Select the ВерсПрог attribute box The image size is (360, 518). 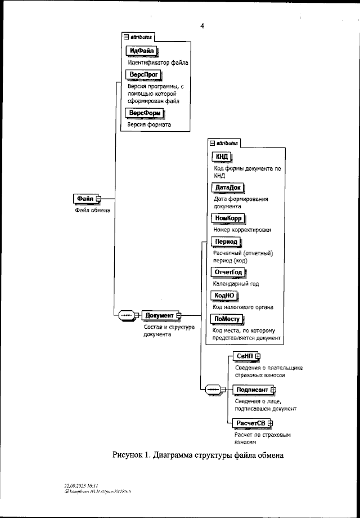click(x=143, y=75)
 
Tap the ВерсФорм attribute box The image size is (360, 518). click(x=145, y=113)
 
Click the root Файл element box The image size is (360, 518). click(x=85, y=199)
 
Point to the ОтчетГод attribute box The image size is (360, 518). click(x=228, y=273)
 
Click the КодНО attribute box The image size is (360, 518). click(x=224, y=296)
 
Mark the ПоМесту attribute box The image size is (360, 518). click(x=227, y=319)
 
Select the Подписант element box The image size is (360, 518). click(x=253, y=389)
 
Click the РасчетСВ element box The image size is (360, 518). click(x=250, y=422)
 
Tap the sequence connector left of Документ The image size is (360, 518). click(x=125, y=315)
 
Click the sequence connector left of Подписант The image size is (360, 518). click(x=214, y=389)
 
